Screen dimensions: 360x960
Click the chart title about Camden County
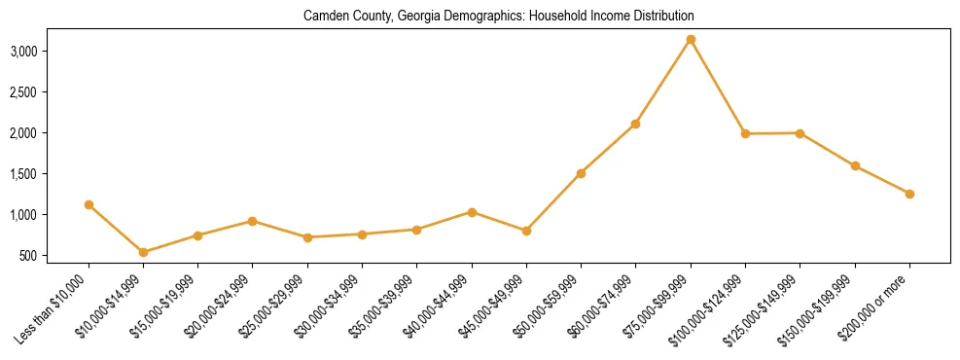coord(498,17)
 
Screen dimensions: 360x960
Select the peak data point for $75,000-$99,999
coord(691,40)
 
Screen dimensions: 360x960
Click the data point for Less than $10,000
coord(89,205)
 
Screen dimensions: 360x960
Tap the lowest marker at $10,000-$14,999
coord(143,252)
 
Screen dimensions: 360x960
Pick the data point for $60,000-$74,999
coord(635,124)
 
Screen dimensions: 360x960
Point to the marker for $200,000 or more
coord(909,194)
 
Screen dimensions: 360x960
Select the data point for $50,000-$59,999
coord(581,173)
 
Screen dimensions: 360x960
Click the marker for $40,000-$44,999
coord(472,212)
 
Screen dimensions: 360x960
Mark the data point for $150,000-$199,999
coord(855,166)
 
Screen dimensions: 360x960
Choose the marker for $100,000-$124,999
coord(745,134)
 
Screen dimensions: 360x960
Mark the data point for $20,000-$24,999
coord(253,221)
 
